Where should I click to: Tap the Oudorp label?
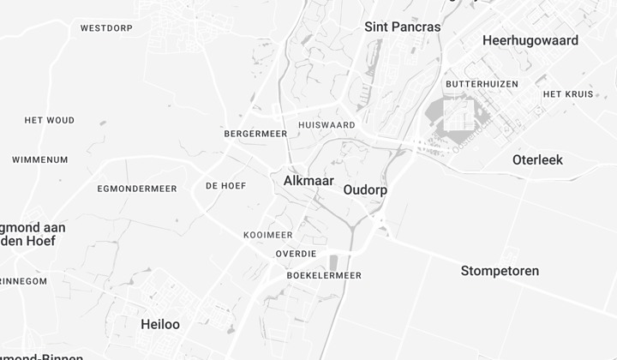tap(364, 190)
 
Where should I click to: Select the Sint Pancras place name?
tap(403, 27)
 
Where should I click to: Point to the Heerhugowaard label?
tap(530, 40)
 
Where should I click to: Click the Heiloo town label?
tap(159, 324)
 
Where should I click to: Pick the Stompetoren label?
tap(500, 271)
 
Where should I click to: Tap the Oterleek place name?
tap(537, 159)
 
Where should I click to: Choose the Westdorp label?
tap(106, 28)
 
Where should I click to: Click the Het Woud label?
tap(50, 120)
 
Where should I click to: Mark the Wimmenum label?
tap(39, 159)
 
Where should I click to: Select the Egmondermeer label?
tap(137, 189)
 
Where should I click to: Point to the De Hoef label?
tap(225, 186)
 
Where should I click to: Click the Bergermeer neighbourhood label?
tap(255, 135)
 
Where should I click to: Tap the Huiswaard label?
tap(326, 125)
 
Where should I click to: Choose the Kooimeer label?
tap(267, 235)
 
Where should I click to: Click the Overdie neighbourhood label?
tap(296, 254)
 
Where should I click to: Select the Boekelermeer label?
tap(324, 275)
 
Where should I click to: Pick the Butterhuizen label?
tap(482, 84)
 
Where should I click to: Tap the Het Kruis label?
tap(568, 94)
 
